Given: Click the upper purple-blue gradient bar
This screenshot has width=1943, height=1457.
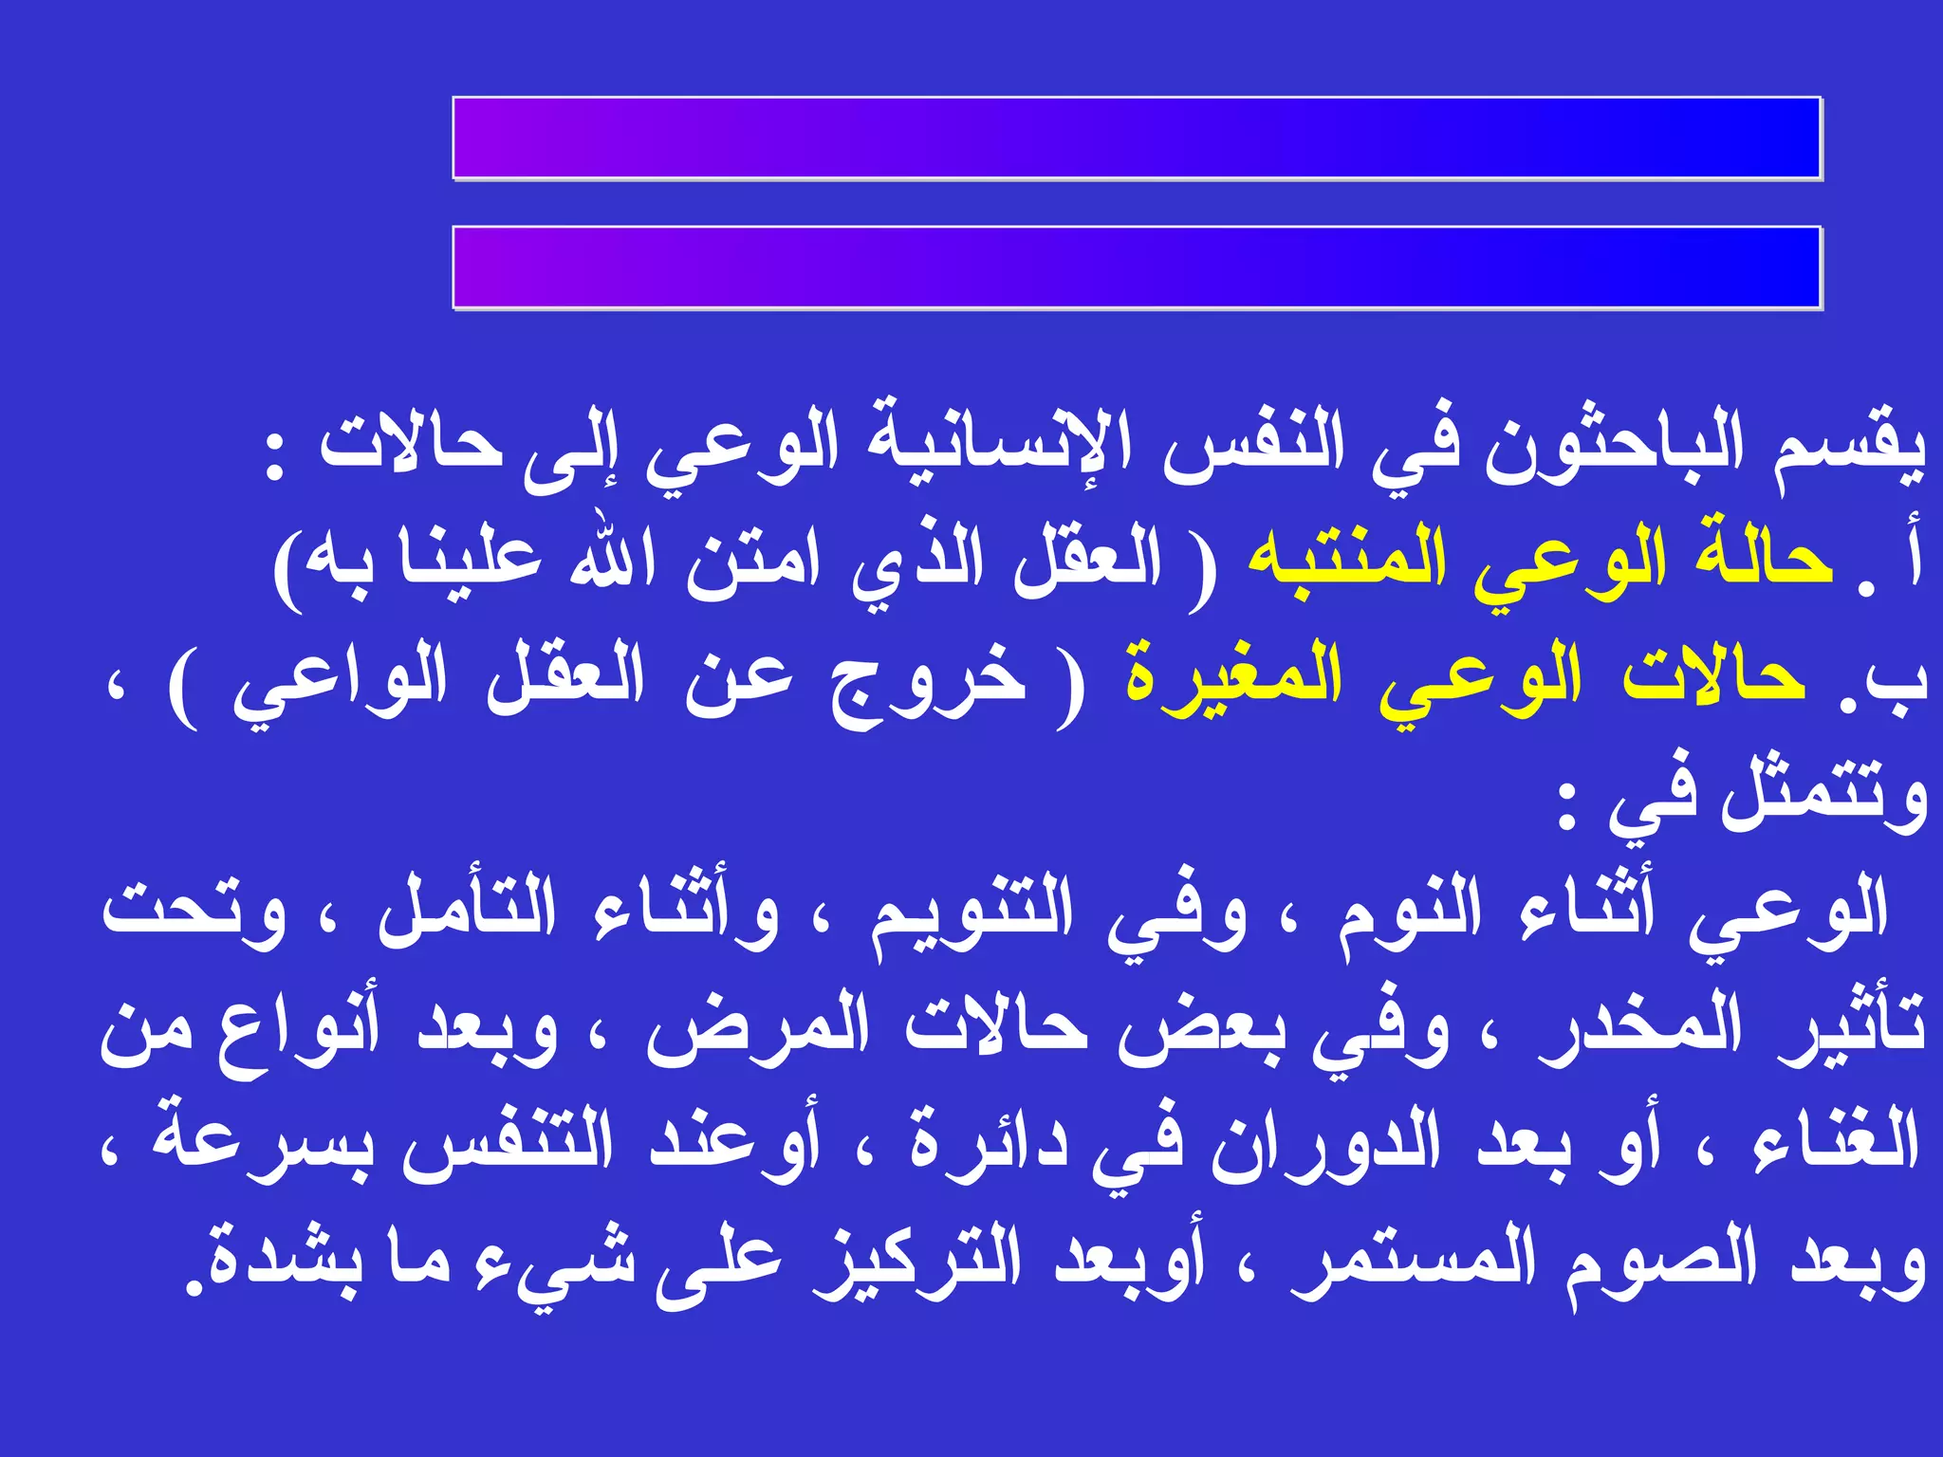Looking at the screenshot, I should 1137,138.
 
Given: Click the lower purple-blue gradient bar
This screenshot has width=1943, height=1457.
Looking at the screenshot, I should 1137,267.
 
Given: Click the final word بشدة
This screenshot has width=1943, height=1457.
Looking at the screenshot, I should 276,1262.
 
